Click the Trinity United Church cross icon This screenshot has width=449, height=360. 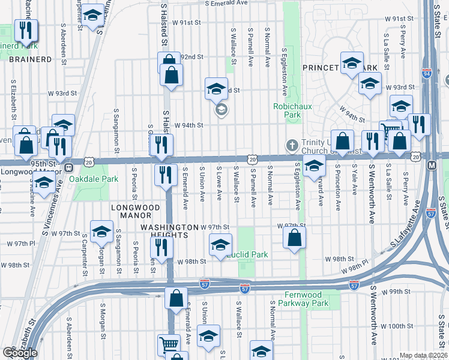292,145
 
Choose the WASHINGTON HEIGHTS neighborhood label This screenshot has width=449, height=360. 169,231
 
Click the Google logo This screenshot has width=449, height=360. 20,352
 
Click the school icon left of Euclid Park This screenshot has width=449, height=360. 220,244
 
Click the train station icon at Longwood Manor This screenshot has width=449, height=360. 68,167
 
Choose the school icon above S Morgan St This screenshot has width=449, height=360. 102,231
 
